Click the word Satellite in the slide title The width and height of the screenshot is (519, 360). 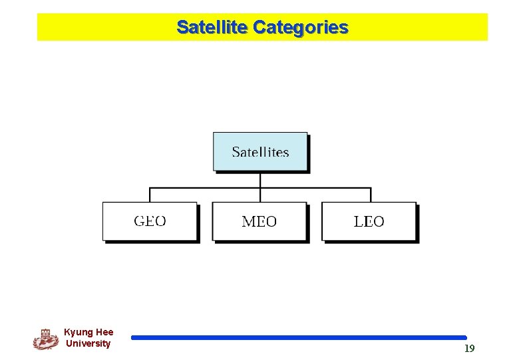tap(212, 27)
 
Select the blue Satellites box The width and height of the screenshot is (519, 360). tap(260, 151)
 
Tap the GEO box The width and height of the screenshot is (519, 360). tap(150, 221)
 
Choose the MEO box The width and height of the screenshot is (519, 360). tap(259, 221)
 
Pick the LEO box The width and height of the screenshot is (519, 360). tap(369, 221)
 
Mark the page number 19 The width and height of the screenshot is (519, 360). tap(469, 349)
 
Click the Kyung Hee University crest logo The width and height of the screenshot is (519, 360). tap(45, 339)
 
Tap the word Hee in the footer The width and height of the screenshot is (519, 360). tap(104, 332)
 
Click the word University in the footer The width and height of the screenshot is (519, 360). tap(88, 343)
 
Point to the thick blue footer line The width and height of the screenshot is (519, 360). tap(299, 338)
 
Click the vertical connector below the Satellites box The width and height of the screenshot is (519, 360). tap(260, 180)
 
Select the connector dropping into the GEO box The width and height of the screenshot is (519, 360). tap(150, 195)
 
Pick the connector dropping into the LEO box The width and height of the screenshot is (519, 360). tap(371, 195)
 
